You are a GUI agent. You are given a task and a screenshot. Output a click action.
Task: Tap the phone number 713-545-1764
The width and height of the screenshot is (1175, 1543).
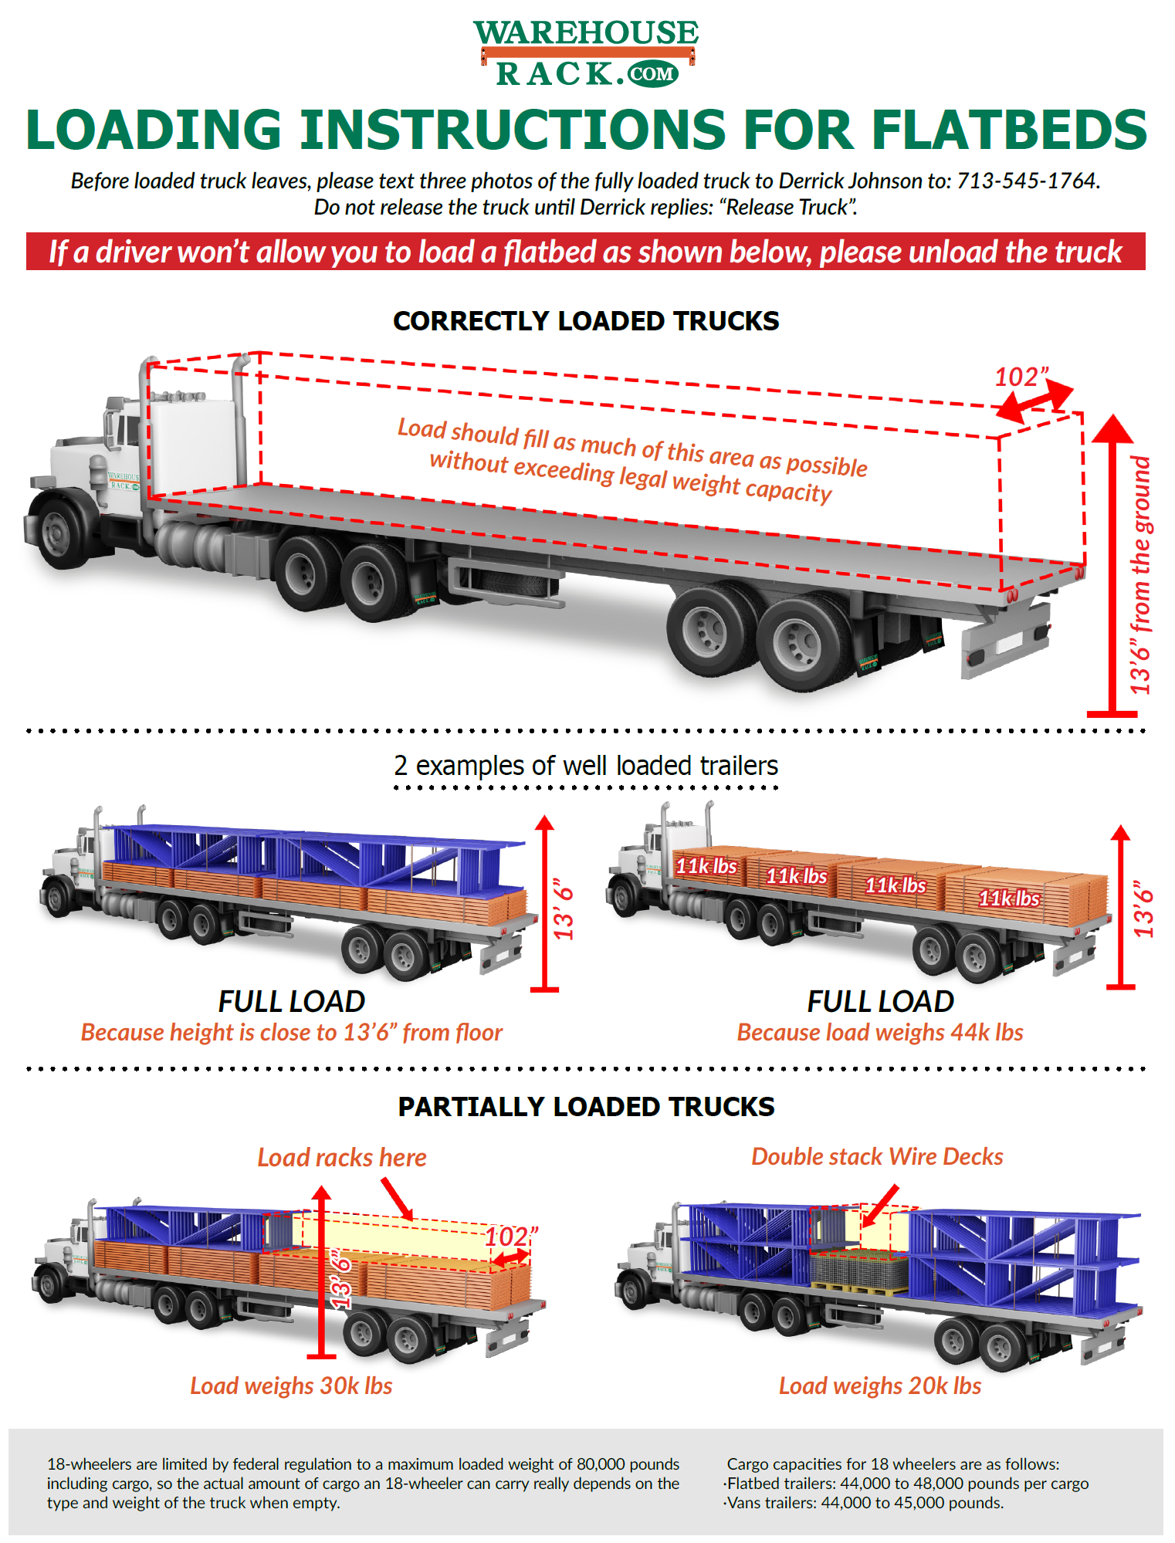click(1027, 181)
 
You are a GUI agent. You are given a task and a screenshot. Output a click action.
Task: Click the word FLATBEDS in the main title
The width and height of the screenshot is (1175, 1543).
click(1009, 129)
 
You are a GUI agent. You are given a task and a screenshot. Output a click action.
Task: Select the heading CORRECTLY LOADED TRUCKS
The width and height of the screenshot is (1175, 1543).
click(586, 321)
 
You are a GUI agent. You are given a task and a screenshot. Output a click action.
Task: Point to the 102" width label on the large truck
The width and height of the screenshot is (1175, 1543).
click(1021, 377)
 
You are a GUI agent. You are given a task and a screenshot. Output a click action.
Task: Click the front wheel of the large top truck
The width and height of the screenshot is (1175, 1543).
click(59, 532)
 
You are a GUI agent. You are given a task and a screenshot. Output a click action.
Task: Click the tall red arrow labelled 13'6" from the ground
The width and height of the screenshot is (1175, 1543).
click(1112, 563)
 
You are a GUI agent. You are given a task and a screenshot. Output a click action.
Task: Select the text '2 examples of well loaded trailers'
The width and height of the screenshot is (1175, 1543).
click(586, 766)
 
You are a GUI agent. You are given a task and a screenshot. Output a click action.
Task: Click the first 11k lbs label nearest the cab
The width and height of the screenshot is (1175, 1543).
click(706, 866)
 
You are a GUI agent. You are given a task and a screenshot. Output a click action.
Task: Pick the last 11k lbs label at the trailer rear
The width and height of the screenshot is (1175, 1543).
click(1009, 898)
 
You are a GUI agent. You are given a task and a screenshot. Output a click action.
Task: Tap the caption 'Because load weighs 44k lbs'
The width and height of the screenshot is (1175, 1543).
click(879, 1032)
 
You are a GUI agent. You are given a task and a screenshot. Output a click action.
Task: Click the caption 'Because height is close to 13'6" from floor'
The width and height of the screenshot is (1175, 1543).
click(292, 1032)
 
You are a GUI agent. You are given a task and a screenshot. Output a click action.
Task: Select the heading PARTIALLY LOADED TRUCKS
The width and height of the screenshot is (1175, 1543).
click(586, 1107)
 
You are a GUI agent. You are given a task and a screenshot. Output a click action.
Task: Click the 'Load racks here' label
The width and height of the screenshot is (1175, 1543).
click(342, 1157)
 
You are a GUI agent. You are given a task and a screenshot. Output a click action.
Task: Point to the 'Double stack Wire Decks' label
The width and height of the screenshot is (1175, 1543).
click(877, 1156)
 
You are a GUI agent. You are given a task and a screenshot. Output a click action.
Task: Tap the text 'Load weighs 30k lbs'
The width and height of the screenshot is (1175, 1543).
click(291, 1386)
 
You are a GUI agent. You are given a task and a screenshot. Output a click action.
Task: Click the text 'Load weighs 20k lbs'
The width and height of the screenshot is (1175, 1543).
click(879, 1386)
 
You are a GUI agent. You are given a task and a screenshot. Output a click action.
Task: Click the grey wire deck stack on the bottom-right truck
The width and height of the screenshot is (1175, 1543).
click(858, 1269)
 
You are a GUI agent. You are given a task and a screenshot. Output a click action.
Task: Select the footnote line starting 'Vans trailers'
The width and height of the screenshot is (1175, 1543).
click(865, 1503)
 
